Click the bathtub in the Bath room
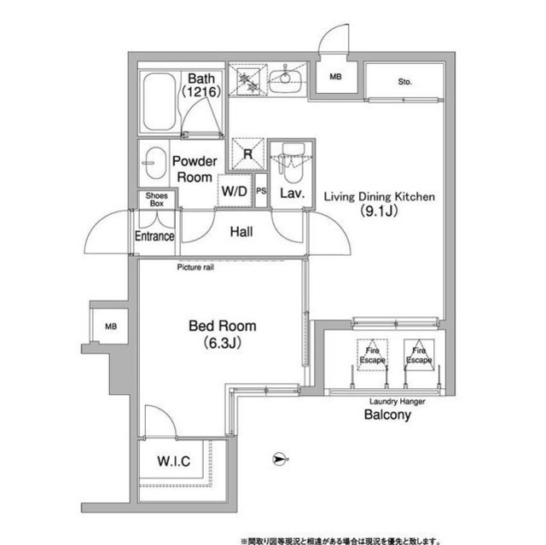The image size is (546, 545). click(x=160, y=101)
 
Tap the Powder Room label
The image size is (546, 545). click(x=195, y=169)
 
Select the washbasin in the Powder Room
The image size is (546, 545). click(x=155, y=163)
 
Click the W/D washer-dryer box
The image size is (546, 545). click(x=235, y=191)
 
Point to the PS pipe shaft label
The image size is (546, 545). click(x=261, y=191)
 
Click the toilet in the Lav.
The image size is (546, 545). click(x=293, y=162)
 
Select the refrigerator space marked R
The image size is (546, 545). click(x=248, y=154)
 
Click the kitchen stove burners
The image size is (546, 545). click(x=248, y=82)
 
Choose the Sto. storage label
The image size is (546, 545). click(x=405, y=82)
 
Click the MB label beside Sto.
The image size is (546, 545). click(x=335, y=77)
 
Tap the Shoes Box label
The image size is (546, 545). click(x=157, y=200)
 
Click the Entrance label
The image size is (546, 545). click(x=154, y=236)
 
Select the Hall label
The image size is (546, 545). click(x=241, y=231)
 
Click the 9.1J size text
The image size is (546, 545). click(x=379, y=212)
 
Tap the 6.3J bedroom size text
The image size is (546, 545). click(x=222, y=343)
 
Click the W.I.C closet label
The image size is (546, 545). click(x=174, y=461)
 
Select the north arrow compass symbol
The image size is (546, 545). click(x=281, y=460)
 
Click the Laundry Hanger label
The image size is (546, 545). click(x=398, y=402)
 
